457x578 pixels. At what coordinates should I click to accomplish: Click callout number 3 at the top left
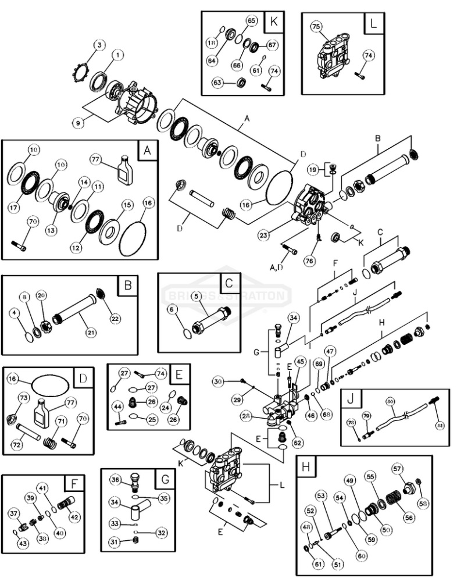click(x=99, y=45)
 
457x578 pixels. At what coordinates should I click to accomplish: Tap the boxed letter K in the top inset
click(x=273, y=23)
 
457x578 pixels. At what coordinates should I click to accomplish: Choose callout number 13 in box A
click(x=52, y=231)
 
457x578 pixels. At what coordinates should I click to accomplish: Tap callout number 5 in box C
click(x=197, y=297)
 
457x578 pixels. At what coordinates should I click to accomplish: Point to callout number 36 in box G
click(x=116, y=480)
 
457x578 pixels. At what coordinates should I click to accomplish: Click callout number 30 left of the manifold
click(x=218, y=381)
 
